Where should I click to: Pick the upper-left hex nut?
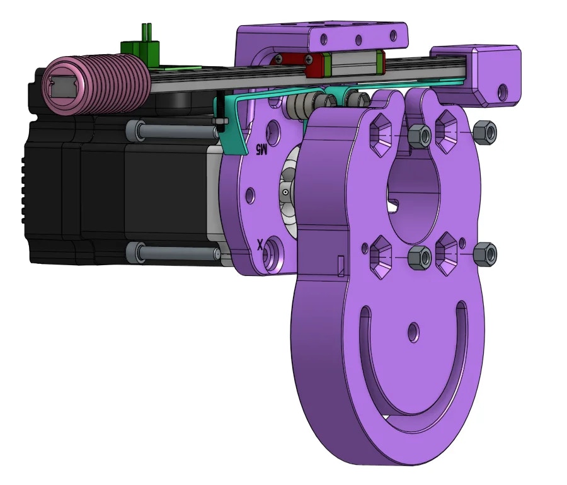(x=420, y=135)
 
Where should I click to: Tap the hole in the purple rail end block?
(x=503, y=90)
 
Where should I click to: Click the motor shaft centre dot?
(x=285, y=191)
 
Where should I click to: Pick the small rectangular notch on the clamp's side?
(x=341, y=266)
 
